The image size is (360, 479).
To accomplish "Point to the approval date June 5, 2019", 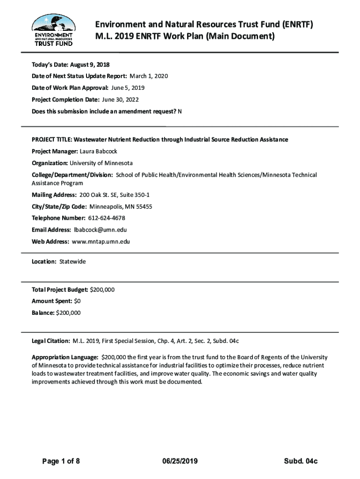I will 128,87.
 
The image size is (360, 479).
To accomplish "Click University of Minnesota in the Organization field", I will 101,163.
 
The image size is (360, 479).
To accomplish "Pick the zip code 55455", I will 142,206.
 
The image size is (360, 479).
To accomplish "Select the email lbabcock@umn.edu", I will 100,230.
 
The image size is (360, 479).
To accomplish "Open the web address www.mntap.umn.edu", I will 101,241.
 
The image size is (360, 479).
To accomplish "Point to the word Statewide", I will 72,261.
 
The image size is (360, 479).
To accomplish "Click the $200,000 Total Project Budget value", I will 102,290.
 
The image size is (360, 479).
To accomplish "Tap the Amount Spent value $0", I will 77,301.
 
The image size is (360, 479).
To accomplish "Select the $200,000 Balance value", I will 68,313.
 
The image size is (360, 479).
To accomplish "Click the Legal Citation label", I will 51,341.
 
